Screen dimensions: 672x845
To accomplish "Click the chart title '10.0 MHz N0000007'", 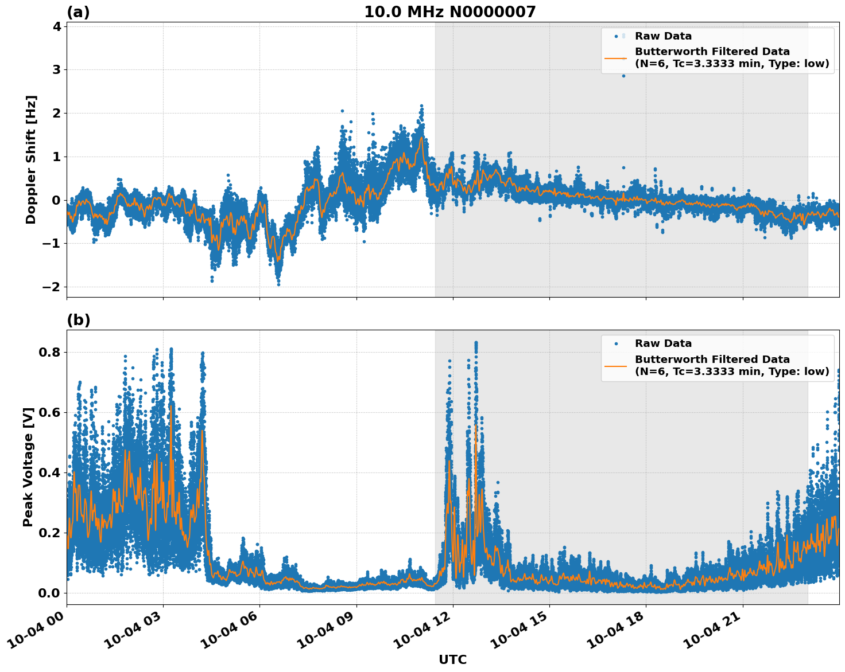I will coord(449,12).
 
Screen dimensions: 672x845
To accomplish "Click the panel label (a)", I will coord(78,12).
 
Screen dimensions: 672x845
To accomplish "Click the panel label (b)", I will coord(78,320).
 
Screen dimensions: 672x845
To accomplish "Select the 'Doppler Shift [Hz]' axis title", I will coord(31,159).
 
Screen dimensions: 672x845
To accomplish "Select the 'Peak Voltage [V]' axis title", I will coord(28,467).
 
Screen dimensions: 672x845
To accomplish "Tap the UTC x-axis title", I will coord(452,659).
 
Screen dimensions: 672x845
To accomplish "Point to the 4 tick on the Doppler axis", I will coord(56,26).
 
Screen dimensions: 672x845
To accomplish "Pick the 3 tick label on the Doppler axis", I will coord(56,70).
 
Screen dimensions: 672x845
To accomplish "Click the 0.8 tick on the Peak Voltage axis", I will coord(49,352).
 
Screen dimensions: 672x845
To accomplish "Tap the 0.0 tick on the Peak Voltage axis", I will coord(49,593).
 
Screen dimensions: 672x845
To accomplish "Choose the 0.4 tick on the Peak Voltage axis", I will coord(49,472).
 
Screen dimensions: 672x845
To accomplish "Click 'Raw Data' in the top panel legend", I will coord(663,36).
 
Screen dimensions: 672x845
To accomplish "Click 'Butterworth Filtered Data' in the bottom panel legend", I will coord(712,360).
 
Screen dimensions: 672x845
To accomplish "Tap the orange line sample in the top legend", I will coord(616,58).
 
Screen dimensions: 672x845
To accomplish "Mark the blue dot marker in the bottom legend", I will coord(616,343).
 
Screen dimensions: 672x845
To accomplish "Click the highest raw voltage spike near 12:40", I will coord(475,343).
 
